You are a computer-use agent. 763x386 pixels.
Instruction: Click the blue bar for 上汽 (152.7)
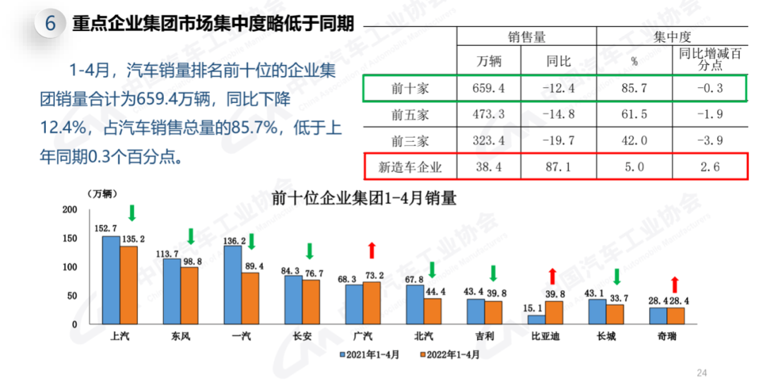(111, 280)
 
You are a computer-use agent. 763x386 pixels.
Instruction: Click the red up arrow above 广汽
(372, 250)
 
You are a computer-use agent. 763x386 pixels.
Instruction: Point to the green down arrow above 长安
(309, 251)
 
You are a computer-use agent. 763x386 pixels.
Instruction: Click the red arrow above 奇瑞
(675, 285)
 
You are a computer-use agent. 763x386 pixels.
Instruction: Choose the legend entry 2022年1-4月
(450, 354)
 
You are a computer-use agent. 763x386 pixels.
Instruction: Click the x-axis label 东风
(181, 337)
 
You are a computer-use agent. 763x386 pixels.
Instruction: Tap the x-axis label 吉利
(485, 337)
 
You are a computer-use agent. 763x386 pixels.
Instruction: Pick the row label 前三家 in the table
(410, 140)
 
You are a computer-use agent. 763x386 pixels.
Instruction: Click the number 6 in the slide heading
(51, 23)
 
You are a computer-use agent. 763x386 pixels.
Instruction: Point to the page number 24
(702, 373)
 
